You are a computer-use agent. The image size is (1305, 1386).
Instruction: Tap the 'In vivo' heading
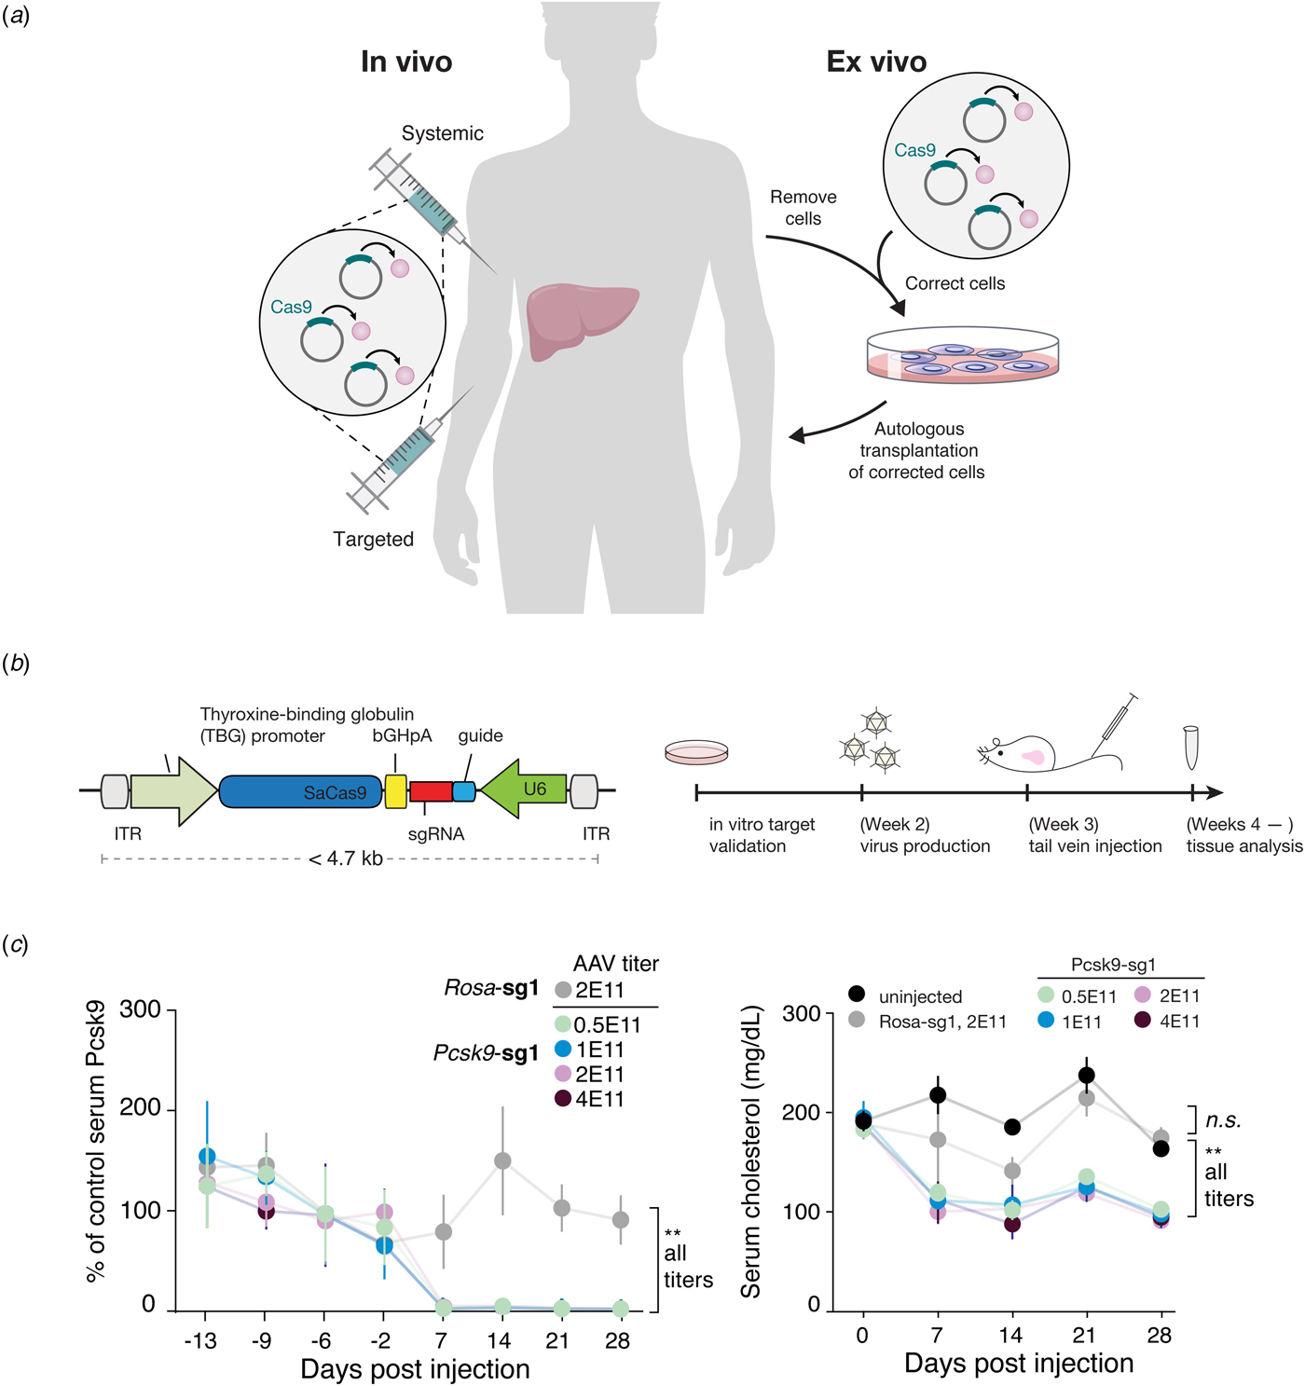[x=406, y=62]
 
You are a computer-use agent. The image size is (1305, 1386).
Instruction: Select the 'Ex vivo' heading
[x=876, y=62]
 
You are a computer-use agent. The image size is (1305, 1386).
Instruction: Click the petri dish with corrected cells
[x=963, y=357]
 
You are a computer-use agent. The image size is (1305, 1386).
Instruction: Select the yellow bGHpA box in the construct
[x=396, y=791]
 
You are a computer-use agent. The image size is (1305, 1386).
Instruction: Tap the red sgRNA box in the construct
[x=431, y=792]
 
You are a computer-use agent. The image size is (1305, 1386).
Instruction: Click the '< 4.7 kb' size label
[x=346, y=858]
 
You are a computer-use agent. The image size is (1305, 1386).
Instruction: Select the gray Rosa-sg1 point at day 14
[x=502, y=1160]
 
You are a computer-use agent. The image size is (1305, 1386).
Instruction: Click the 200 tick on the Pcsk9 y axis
[x=141, y=1108]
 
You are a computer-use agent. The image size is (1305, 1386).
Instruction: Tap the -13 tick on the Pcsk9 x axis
[x=200, y=1340]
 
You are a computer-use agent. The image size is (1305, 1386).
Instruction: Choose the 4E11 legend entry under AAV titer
[x=590, y=1099]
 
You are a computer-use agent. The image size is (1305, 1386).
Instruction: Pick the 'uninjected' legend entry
[x=908, y=996]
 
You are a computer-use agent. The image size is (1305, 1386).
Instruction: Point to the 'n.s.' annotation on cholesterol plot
[x=1223, y=1120]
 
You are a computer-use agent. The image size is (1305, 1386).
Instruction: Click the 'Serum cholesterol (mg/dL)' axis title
[x=751, y=1152]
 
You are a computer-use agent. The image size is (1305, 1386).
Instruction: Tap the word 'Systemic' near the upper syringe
[x=443, y=133]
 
